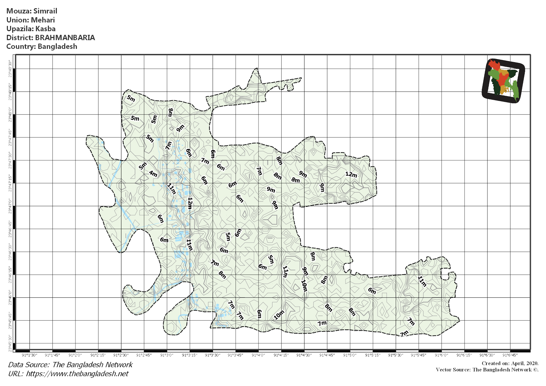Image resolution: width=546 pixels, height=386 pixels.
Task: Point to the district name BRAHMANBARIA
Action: click(x=65, y=38)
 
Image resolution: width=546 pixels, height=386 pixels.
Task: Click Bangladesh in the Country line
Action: click(x=57, y=46)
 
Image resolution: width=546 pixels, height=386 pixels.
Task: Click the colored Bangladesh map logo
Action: click(x=503, y=80)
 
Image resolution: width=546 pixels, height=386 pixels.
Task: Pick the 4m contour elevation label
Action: click(x=153, y=174)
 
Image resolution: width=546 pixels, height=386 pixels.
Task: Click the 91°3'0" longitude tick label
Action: click(x=167, y=355)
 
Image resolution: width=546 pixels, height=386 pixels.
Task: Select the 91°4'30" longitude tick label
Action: click(x=304, y=355)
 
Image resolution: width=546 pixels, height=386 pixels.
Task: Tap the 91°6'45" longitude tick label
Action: click(x=510, y=355)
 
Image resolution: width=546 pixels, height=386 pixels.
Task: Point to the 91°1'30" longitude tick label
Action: click(x=29, y=355)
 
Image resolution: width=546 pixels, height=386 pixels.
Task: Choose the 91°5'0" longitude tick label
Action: click(x=350, y=355)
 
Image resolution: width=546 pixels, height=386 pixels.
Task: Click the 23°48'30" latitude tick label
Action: click(x=10, y=69)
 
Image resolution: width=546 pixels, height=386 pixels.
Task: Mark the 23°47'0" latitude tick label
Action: click(x=10, y=206)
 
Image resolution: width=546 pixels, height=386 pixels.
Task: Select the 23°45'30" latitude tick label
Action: click(x=10, y=343)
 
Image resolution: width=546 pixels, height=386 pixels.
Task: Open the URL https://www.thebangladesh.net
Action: click(x=77, y=374)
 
